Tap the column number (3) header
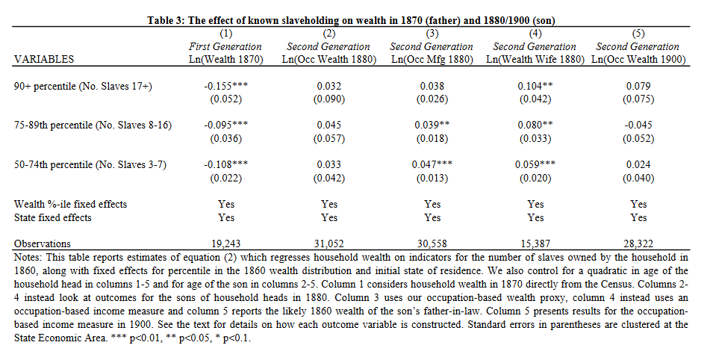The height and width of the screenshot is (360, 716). coord(432,34)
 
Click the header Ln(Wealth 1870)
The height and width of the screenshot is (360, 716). coord(225,59)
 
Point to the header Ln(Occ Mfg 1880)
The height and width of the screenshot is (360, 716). coord(432,59)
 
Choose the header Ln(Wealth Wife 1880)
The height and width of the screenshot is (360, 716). coord(535,59)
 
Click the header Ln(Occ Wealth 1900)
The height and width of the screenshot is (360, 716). coord(638,59)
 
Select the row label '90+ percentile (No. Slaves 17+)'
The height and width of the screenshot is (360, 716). coord(84,87)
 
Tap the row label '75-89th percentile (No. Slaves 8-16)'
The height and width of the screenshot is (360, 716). coord(93,125)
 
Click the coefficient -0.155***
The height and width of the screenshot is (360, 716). coord(225,87)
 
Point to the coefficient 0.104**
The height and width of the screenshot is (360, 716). coord(535,87)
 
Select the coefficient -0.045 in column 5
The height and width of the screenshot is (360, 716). coord(638,125)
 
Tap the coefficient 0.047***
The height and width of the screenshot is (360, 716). coord(432,164)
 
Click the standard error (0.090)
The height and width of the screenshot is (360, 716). coord(329,99)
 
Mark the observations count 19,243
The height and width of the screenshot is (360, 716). coord(225,243)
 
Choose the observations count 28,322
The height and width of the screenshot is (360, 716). coord(638,243)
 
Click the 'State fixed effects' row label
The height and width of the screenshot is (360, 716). coord(53,217)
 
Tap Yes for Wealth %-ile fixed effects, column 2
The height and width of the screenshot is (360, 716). coord(329,204)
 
